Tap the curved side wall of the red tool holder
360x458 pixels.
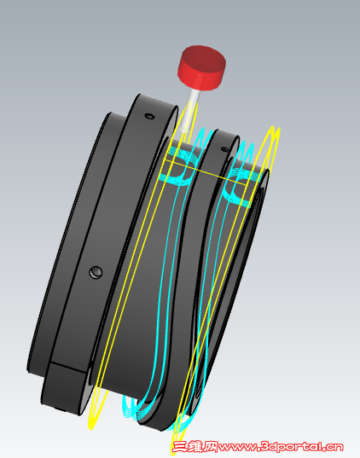point(201,78)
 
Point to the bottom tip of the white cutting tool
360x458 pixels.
point(184,132)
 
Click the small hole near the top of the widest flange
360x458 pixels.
point(149,116)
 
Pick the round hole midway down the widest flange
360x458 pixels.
point(96,272)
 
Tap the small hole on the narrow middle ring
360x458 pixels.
point(224,149)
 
